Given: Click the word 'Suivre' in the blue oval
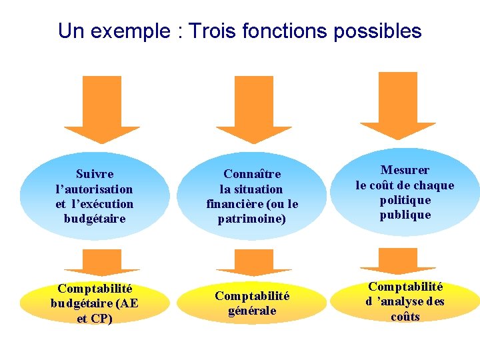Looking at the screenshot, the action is [x=95, y=175].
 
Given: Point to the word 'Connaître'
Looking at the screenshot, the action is [x=252, y=175].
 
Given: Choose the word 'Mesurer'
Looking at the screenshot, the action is [x=405, y=170].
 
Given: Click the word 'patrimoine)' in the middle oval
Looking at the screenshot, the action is [x=252, y=219].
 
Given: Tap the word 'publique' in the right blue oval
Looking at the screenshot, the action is [x=405, y=215].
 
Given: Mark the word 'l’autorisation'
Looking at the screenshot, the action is [x=95, y=189].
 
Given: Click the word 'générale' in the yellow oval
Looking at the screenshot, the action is [x=252, y=311].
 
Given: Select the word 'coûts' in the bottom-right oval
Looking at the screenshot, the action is [x=405, y=317].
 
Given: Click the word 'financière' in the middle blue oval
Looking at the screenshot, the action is [x=234, y=204].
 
